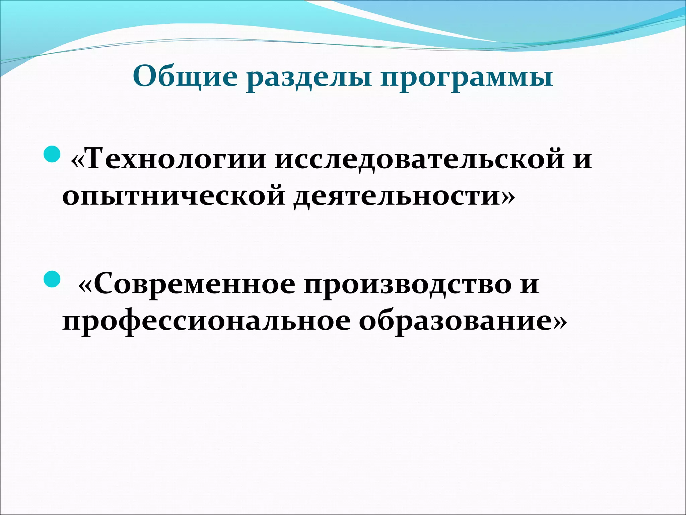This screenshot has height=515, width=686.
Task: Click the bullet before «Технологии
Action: (52, 154)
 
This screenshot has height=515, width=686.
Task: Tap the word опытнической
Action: (174, 196)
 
